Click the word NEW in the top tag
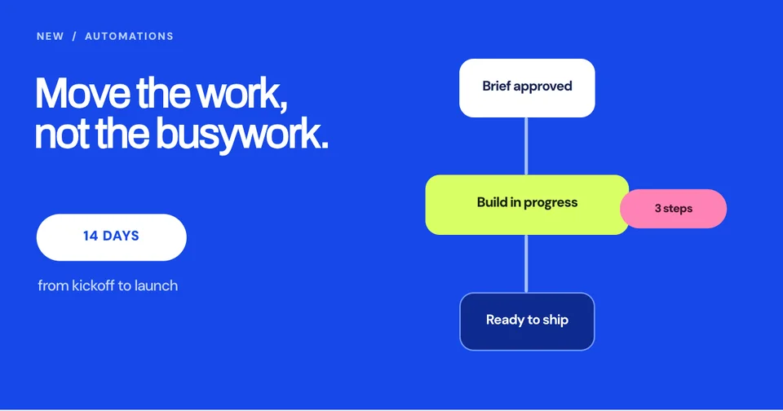point(51,37)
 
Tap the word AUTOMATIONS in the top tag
point(130,37)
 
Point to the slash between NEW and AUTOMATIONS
point(74,37)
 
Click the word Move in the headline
point(83,93)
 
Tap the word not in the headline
point(63,135)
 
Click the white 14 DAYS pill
point(112,237)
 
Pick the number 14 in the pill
point(91,236)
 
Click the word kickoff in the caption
point(93,285)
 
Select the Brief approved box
point(527,88)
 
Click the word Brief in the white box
point(497,86)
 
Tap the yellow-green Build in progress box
point(527,205)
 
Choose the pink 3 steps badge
point(673,209)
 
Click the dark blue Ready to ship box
point(527,321)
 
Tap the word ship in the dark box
point(555,320)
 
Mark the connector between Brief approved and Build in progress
point(526,146)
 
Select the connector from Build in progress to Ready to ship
point(526,263)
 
